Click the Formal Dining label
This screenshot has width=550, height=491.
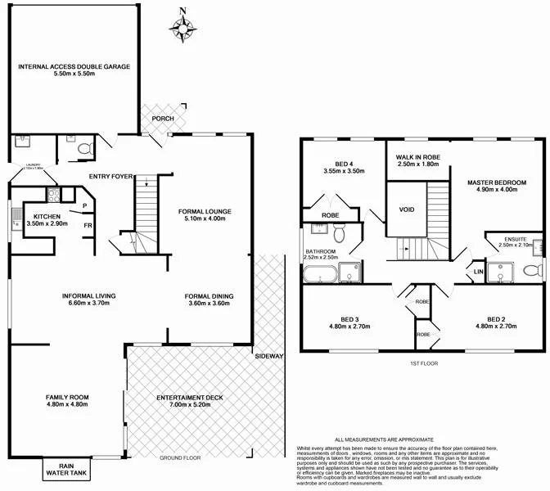(x=209, y=300)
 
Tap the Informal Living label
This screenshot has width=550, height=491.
(x=88, y=300)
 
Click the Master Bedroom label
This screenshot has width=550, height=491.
(x=497, y=186)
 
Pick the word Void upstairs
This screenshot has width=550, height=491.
(x=407, y=209)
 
